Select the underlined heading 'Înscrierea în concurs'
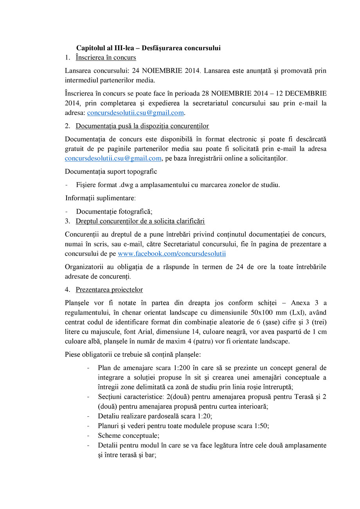click(106, 58)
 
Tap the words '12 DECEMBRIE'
click(302, 94)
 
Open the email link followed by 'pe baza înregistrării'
click(113, 158)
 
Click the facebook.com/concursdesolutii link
click(172, 254)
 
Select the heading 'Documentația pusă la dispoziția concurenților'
click(142, 126)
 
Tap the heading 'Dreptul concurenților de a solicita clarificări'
click(140, 221)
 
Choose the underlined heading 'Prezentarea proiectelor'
click(109, 290)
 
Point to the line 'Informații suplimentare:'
click(101, 198)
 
